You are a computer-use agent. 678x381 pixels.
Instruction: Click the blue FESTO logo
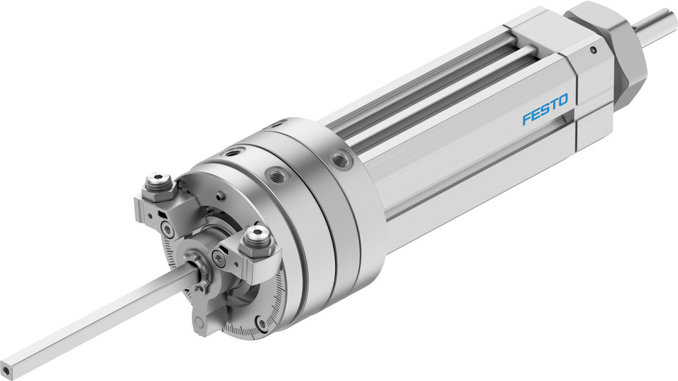(545, 109)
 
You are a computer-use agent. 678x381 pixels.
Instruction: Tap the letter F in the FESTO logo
(527, 119)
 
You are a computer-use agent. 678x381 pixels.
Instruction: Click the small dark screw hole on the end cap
(593, 50)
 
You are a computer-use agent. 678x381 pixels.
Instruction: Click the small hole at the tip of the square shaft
(6, 369)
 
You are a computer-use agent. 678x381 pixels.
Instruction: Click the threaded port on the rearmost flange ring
(340, 159)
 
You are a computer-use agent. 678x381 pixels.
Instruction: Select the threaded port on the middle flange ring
(277, 176)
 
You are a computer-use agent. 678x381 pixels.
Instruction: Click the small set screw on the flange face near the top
(220, 196)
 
